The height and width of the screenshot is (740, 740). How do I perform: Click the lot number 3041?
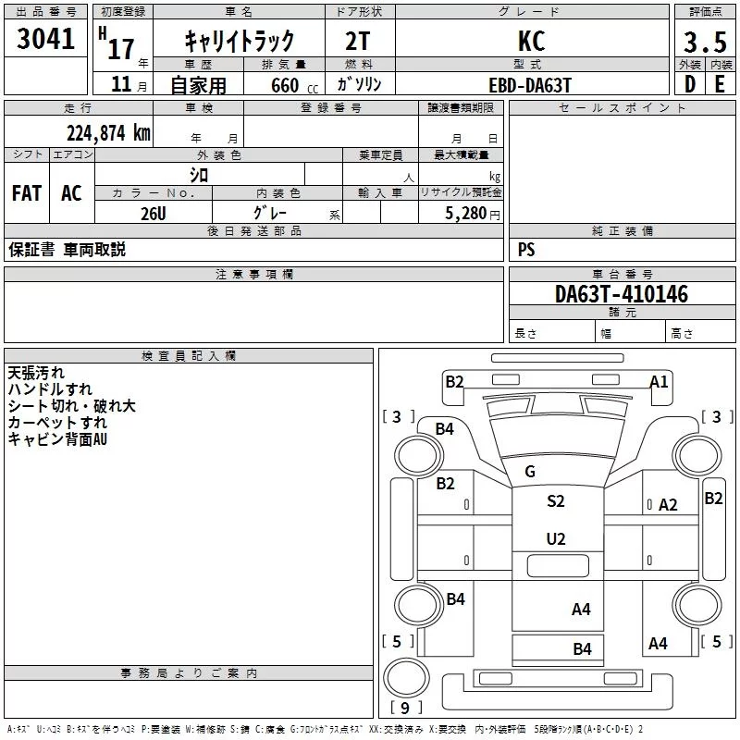pos(45,38)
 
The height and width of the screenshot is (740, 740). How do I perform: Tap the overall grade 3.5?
pos(705,42)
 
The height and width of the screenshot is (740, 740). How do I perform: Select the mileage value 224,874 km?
pos(108,133)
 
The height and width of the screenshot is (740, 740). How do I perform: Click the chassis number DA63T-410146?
pos(622,294)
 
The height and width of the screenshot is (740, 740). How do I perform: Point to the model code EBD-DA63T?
pos(530,85)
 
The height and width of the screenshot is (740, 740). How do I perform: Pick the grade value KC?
pos(531,41)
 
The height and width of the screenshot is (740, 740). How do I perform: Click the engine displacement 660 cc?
pos(294,86)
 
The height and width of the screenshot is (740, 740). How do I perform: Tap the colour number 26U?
pos(154,214)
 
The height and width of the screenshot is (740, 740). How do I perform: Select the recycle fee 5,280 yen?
pos(473,214)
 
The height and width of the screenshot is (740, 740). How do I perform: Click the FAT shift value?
pos(27,193)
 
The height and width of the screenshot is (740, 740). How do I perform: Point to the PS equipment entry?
pos(526,249)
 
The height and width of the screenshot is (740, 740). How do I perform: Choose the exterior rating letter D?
pos(690,84)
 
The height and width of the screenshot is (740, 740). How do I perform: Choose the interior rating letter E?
pos(720,84)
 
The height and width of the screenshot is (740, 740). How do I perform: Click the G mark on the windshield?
pos(530,471)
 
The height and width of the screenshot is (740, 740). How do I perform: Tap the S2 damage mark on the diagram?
pos(556,500)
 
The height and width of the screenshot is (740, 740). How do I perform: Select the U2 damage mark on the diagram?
pos(556,538)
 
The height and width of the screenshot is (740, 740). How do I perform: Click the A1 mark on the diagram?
pos(659,381)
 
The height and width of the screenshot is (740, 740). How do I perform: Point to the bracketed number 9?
pos(405,708)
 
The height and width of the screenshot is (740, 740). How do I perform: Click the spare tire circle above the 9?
pos(407,677)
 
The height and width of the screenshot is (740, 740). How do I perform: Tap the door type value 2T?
pos(358,41)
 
